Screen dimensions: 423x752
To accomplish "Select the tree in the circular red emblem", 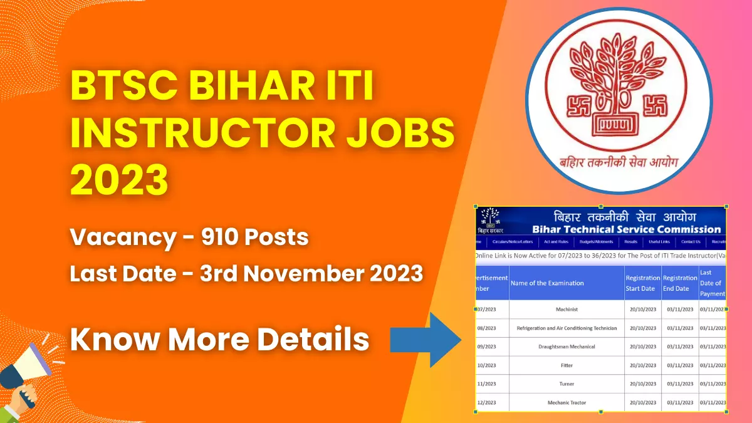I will pyautogui.click(x=619, y=81).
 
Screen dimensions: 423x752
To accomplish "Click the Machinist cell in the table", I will pyautogui.click(x=567, y=310).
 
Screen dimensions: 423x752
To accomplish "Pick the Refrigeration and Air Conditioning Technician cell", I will pyautogui.click(x=567, y=328).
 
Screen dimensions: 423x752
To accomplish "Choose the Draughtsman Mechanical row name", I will pyautogui.click(x=567, y=347).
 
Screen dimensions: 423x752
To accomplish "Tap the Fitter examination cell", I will pyautogui.click(x=567, y=365).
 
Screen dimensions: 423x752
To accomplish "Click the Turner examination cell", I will pyautogui.click(x=567, y=384).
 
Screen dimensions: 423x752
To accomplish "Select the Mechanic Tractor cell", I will pyautogui.click(x=567, y=402).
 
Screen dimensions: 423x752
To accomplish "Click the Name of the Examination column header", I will pyautogui.click(x=547, y=283).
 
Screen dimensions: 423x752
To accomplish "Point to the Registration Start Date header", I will pyautogui.click(x=642, y=283).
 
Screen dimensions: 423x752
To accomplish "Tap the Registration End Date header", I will pyautogui.click(x=679, y=283).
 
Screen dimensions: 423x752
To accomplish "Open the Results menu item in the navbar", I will pyautogui.click(x=631, y=242).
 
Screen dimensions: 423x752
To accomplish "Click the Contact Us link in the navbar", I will pyautogui.click(x=691, y=242).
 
